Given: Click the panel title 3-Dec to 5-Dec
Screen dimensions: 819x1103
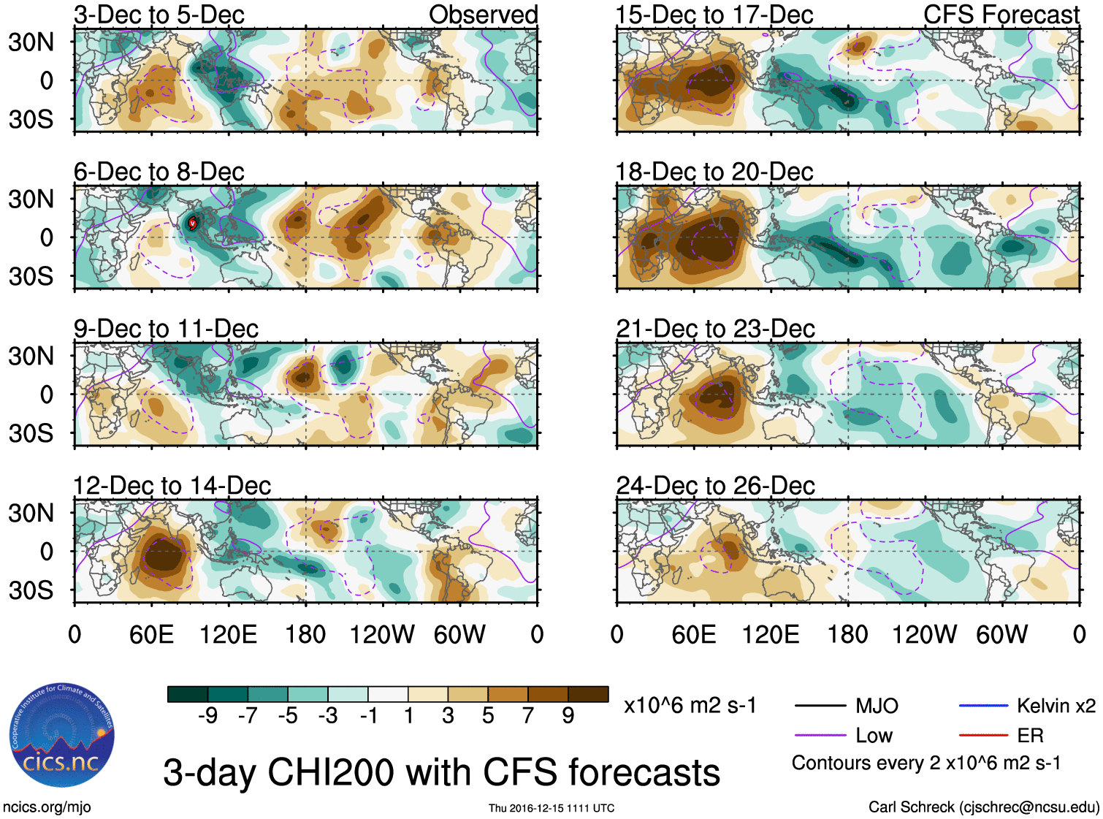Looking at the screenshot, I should tap(159, 15).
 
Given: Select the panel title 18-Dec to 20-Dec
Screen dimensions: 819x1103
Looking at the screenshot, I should tap(714, 172).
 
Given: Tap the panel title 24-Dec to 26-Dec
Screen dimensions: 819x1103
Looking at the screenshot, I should tap(715, 486).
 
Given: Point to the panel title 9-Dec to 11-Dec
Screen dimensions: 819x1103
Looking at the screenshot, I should tap(166, 329).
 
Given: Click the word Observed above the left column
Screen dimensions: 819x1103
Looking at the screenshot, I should tap(483, 15).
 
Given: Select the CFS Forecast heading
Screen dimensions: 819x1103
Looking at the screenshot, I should tap(1001, 15).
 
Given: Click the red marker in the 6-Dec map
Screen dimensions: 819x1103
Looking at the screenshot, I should tap(192, 223).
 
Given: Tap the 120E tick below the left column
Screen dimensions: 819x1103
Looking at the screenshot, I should tap(228, 634).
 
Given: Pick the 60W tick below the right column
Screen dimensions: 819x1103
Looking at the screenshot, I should tap(1001, 634).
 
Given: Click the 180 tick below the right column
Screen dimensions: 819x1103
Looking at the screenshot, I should tap(847, 634).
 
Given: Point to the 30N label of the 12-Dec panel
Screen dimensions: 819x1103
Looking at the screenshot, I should tap(31, 513).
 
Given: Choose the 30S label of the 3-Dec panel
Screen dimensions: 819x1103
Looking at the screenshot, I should tap(31, 119).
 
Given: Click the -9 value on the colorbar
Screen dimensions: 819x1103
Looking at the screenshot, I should tap(207, 716).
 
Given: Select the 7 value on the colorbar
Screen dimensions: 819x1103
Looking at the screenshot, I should tap(528, 716).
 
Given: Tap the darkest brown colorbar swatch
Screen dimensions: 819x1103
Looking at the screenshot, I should tap(588, 694).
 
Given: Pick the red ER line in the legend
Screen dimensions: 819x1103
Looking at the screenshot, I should tap(983, 736).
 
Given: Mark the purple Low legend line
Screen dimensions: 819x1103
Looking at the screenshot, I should tap(820, 736).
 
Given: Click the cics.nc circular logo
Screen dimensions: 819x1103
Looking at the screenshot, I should tap(61, 736).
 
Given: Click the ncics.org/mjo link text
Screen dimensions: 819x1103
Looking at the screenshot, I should tap(47, 807).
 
